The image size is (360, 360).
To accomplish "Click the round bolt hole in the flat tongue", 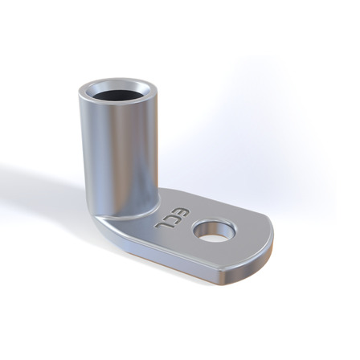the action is pos(215,231).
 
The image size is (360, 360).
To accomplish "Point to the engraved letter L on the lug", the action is pos(162,226).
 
